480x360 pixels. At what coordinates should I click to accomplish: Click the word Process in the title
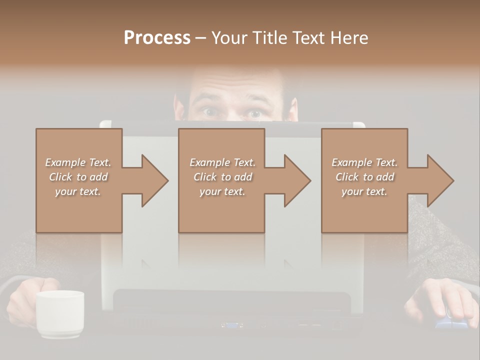click(x=157, y=38)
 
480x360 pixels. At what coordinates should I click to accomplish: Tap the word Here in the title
click(x=348, y=38)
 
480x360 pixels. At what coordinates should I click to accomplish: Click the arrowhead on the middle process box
click(x=295, y=180)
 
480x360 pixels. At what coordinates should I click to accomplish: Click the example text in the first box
click(x=78, y=177)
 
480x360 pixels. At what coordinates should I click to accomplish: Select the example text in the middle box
click(x=222, y=177)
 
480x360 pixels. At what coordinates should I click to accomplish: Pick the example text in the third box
click(x=364, y=177)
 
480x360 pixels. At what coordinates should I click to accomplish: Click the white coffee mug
click(x=59, y=313)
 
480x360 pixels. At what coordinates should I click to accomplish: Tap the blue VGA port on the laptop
click(x=232, y=325)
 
